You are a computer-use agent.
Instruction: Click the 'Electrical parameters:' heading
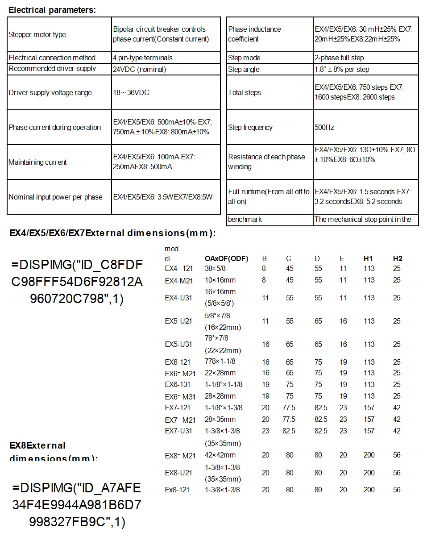[x=52, y=10]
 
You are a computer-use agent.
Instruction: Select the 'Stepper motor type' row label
[x=37, y=34]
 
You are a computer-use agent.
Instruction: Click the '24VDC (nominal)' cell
[x=140, y=69]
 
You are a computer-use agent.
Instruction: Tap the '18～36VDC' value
[x=131, y=92]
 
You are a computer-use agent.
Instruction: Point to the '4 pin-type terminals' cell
[x=143, y=58]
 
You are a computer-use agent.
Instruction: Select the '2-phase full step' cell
[x=339, y=58]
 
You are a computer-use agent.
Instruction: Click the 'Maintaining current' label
[x=37, y=162]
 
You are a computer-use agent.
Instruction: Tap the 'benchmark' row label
[x=245, y=219]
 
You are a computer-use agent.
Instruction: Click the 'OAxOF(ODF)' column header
[x=226, y=258]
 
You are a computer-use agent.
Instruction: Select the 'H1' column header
[x=369, y=258]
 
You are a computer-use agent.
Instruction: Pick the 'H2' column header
[x=398, y=258]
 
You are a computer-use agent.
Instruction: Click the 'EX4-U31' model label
[x=178, y=298]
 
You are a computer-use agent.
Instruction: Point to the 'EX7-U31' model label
[x=178, y=431]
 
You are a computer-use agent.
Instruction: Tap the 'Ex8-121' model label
[x=177, y=490]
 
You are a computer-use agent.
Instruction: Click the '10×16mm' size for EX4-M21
[x=220, y=280]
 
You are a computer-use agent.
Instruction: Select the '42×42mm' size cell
[x=220, y=455]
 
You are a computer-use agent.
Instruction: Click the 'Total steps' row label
[x=245, y=92]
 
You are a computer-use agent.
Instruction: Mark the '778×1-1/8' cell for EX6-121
[x=220, y=362]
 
